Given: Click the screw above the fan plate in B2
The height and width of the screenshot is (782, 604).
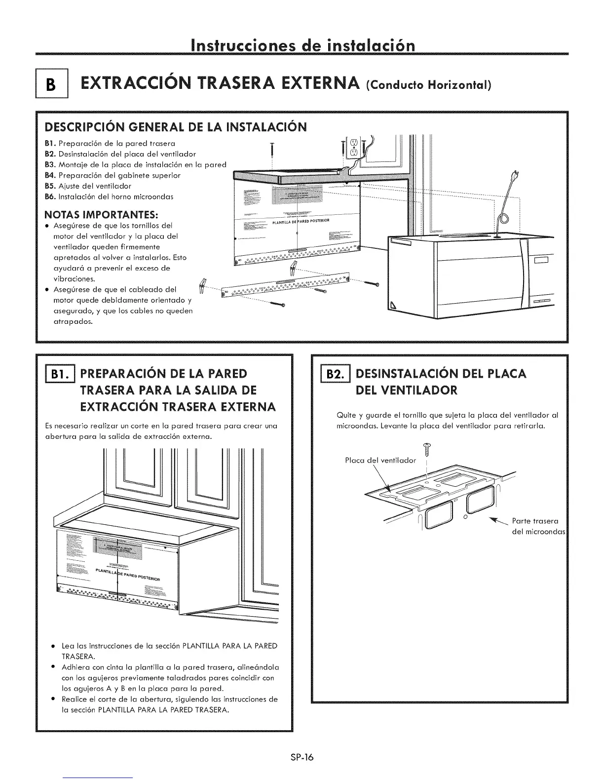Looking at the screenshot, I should pos(426,449).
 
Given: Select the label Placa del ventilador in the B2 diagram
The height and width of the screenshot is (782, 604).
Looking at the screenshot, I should pos(380,461).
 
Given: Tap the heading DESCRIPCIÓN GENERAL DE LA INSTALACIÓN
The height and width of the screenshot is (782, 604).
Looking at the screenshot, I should pos(176,127).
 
